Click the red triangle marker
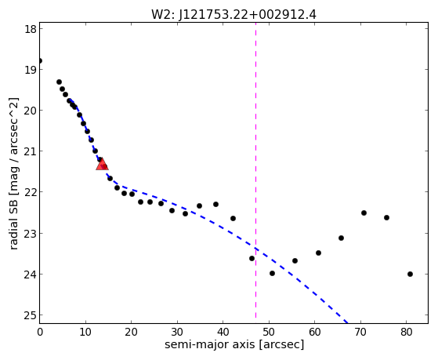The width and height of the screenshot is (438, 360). (102, 164)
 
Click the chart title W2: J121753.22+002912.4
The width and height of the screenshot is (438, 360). (233, 15)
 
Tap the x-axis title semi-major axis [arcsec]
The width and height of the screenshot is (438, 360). (234, 344)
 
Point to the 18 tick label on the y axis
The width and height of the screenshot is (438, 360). (31, 29)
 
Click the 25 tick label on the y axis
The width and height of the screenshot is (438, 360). (31, 315)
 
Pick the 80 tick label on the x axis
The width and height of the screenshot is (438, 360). (407, 332)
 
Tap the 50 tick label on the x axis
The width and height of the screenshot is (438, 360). (269, 332)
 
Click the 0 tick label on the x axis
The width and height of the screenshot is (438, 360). (40, 332)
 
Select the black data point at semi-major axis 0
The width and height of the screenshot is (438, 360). (40, 60)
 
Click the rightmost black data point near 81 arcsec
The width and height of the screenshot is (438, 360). (410, 275)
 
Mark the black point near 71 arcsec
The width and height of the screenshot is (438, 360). (364, 213)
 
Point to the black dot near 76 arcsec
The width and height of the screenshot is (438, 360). (386, 217)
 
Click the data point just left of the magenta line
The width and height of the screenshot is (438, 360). (252, 259)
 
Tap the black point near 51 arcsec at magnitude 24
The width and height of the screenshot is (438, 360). (273, 273)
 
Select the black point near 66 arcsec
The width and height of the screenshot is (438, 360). (341, 238)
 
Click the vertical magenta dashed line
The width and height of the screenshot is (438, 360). (256, 171)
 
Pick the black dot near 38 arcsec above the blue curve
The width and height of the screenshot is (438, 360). (215, 204)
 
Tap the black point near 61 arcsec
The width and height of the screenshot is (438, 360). (318, 253)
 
